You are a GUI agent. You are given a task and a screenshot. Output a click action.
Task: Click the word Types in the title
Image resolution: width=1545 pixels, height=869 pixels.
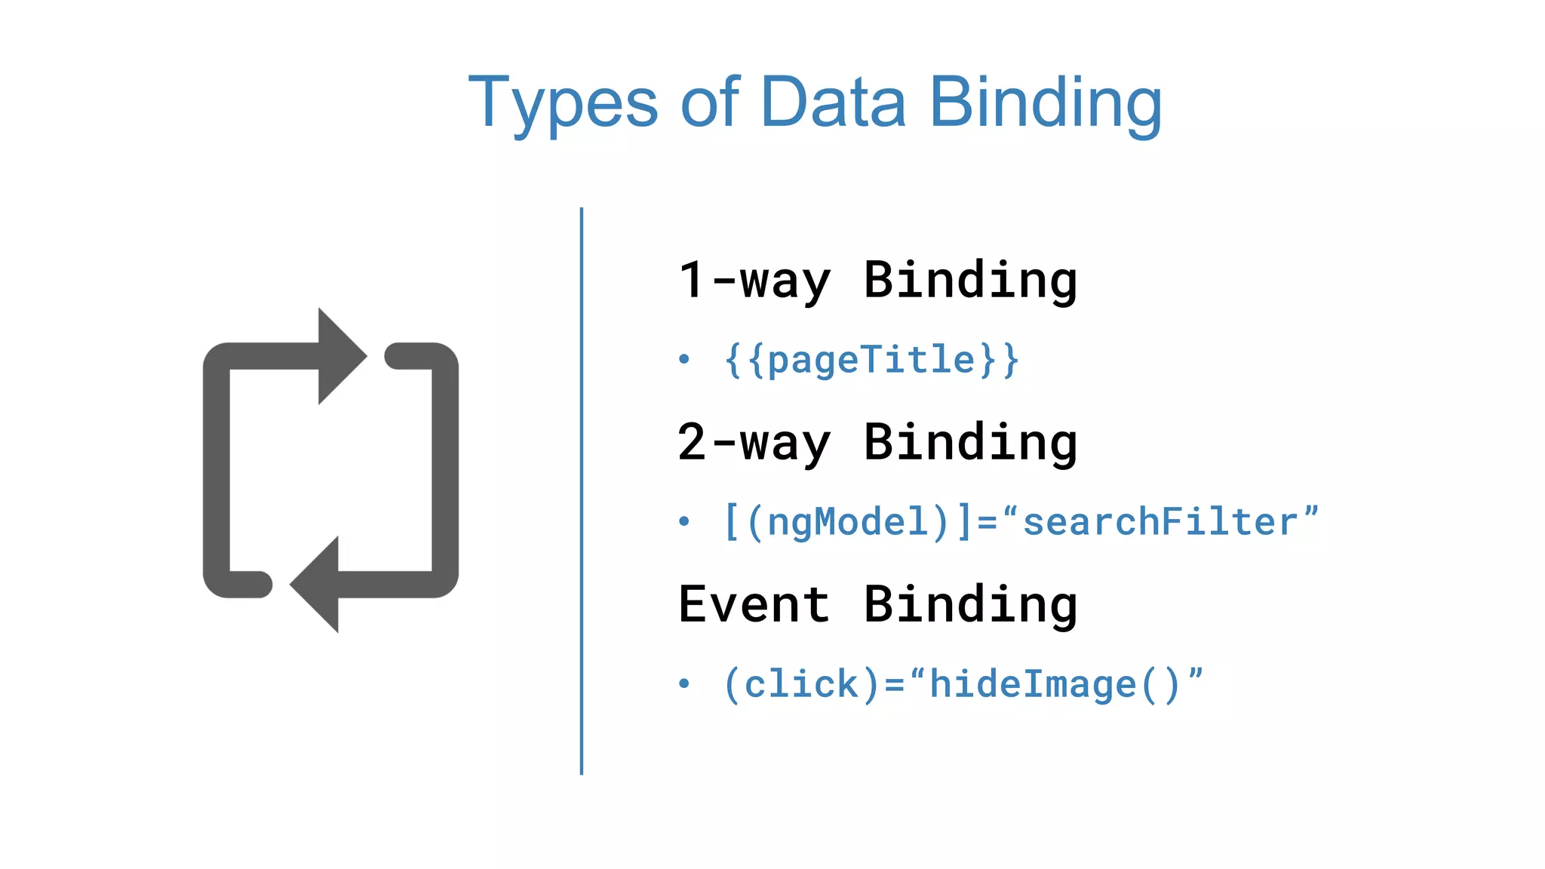(x=563, y=103)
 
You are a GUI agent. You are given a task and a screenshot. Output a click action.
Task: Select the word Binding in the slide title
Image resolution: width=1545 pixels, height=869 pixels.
(x=1045, y=103)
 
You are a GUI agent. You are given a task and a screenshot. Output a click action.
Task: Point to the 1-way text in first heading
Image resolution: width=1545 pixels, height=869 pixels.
(x=754, y=281)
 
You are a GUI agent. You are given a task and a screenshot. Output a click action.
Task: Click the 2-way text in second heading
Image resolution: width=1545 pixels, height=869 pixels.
(x=754, y=443)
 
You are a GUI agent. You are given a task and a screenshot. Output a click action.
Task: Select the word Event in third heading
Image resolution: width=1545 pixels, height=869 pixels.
(x=754, y=604)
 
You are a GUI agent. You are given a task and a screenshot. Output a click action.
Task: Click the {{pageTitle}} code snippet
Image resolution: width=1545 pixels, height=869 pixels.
(x=871, y=360)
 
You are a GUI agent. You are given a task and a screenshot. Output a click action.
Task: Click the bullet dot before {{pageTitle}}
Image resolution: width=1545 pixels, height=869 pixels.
(x=683, y=359)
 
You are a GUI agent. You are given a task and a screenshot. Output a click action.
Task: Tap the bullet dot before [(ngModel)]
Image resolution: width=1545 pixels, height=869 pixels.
(x=683, y=521)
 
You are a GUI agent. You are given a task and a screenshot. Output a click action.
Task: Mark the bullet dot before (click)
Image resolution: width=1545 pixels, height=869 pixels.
(x=683, y=683)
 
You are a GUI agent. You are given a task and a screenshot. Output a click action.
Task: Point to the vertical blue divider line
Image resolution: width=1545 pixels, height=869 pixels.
(x=582, y=490)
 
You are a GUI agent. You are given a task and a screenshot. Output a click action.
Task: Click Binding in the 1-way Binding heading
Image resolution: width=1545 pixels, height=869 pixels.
(x=970, y=281)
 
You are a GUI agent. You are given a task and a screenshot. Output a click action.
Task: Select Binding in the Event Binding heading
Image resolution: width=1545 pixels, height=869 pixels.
(x=970, y=604)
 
